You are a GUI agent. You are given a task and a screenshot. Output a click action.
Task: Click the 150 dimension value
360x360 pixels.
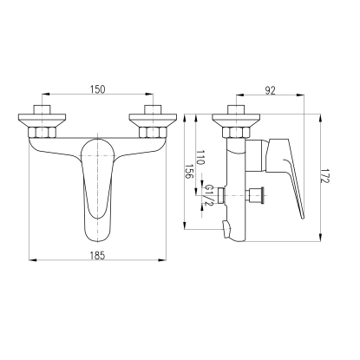click(98, 89)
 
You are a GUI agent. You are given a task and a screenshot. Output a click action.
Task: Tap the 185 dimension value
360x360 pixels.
click(98, 256)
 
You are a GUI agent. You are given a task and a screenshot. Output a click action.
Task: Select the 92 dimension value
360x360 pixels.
click(271, 91)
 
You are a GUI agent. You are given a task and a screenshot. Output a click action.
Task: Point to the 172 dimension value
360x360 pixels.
click(325, 176)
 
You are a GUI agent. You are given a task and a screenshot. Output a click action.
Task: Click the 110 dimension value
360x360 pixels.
click(200, 157)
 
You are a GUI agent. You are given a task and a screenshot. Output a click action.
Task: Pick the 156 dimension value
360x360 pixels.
click(189, 172)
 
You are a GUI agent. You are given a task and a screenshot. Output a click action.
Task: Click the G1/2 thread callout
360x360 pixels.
click(209, 195)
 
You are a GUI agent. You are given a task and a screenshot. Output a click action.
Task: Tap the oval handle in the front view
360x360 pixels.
click(98, 191)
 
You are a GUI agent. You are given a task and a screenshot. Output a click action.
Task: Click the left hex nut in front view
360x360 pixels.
click(43, 133)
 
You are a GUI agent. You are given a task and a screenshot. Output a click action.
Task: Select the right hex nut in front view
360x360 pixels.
click(153, 133)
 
